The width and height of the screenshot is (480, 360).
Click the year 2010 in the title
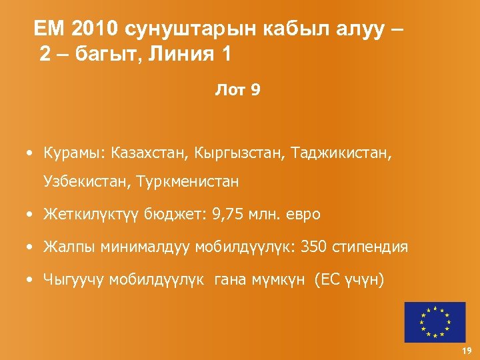93,29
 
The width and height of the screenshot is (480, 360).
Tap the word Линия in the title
179,54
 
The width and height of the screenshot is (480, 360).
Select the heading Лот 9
238,90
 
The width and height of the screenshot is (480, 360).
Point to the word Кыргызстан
239,154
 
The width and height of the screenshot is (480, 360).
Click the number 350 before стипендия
314,247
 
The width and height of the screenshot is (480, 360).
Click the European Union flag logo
434,322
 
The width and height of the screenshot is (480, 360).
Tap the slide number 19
466,351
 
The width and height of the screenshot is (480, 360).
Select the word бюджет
176,215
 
